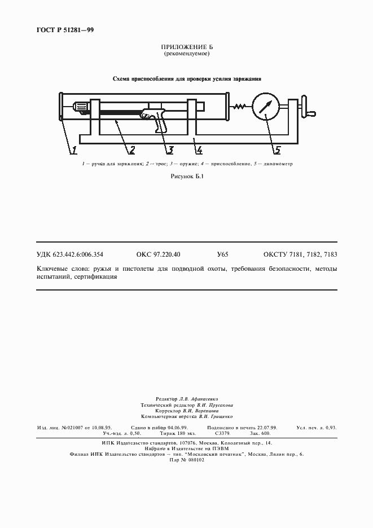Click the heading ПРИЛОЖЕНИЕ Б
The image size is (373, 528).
(186, 47)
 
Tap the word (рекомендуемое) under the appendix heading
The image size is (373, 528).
(186, 54)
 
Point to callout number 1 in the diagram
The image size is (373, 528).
(73, 149)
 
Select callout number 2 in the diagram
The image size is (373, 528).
(131, 149)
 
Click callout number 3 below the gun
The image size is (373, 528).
(169, 149)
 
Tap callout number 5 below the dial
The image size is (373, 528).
(277, 149)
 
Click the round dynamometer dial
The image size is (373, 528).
(266, 106)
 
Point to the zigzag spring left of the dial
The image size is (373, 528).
(239, 105)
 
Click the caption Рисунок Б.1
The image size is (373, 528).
(186, 177)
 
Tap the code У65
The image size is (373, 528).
(222, 255)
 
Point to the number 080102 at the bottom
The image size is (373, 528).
(193, 460)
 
